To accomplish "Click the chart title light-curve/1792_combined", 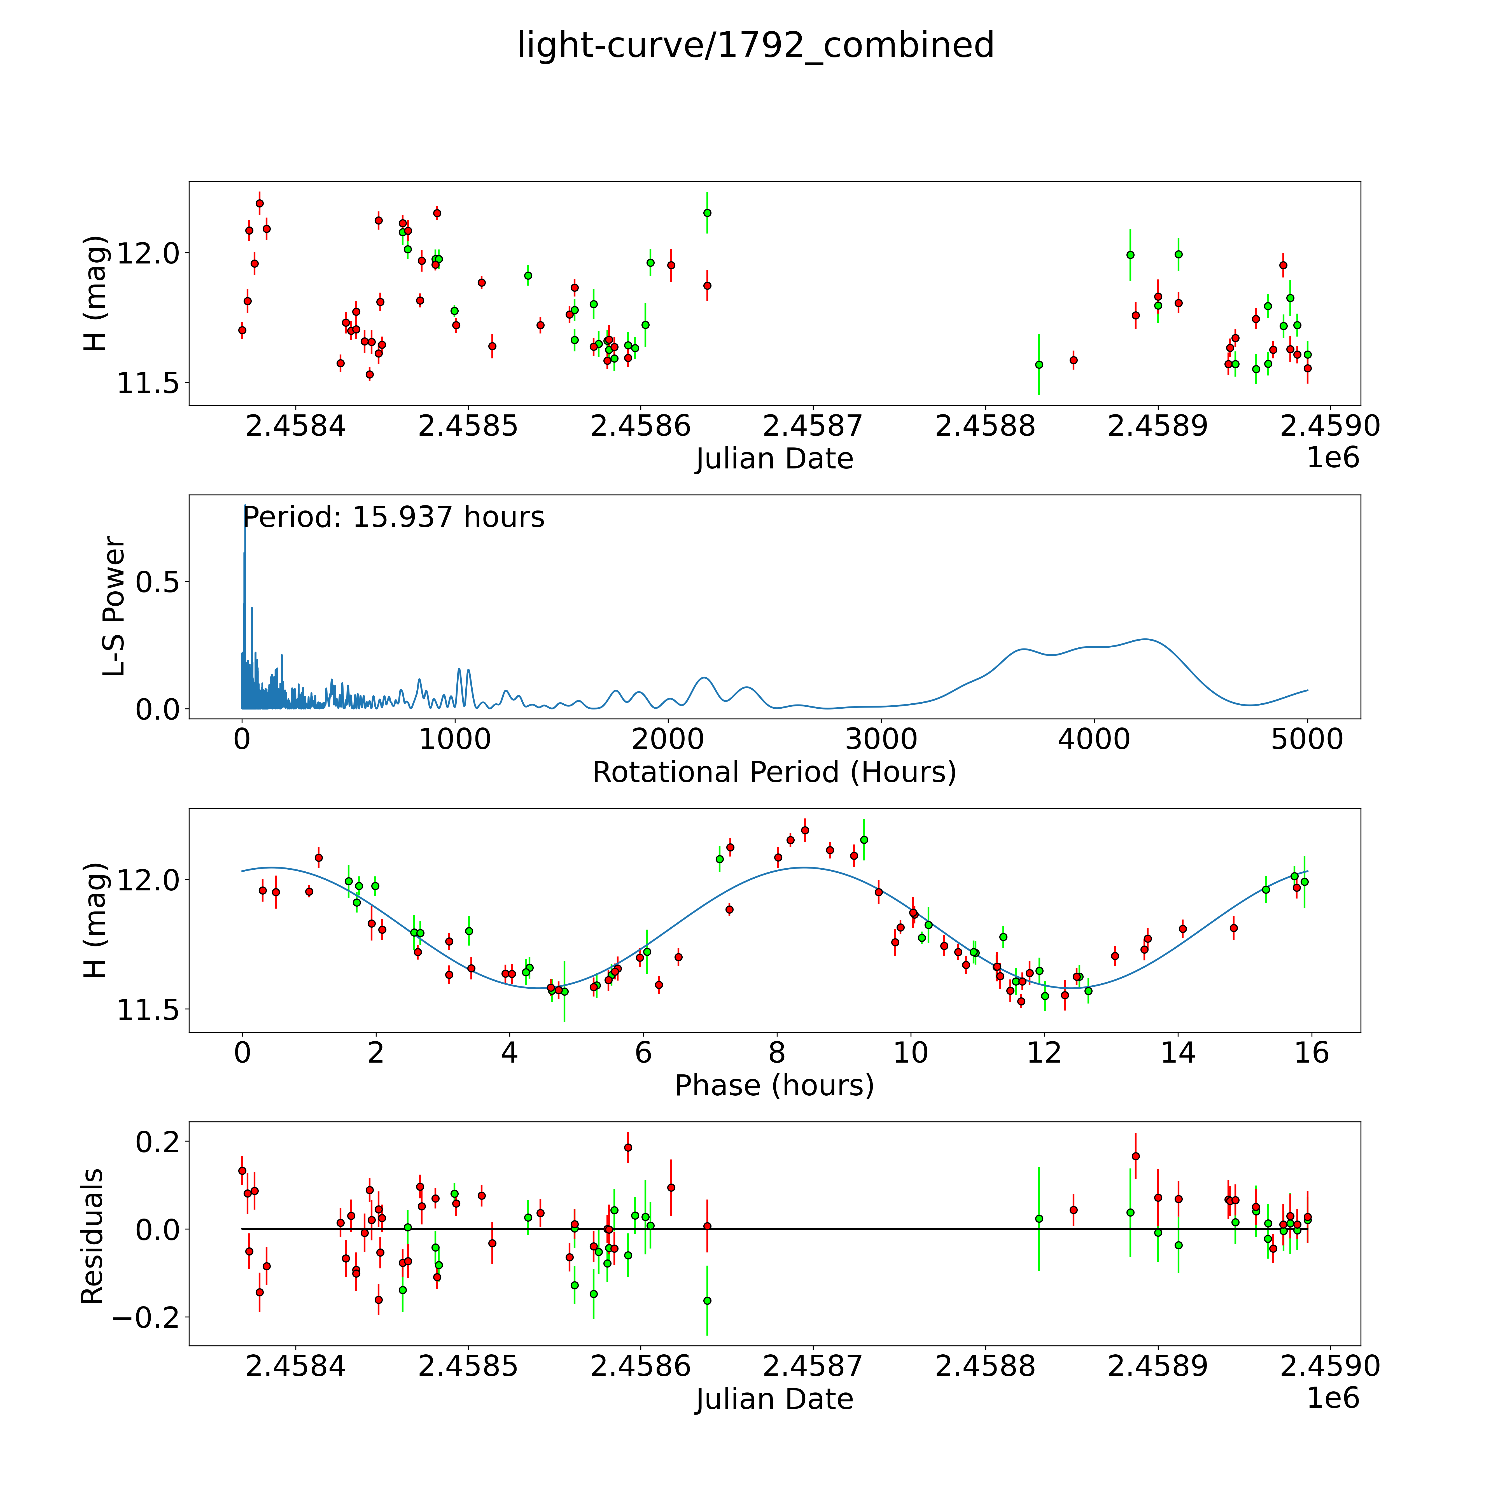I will coord(755,45).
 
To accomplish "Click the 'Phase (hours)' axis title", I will coord(774,1086).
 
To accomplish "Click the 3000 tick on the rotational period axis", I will coord(881,739).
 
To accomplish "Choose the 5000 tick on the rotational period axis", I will coord(1307,739).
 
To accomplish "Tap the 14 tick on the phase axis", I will coord(1178,1053).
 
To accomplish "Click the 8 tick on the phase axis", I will coord(776,1053).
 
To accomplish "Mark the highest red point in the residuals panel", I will coord(628,1147).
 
